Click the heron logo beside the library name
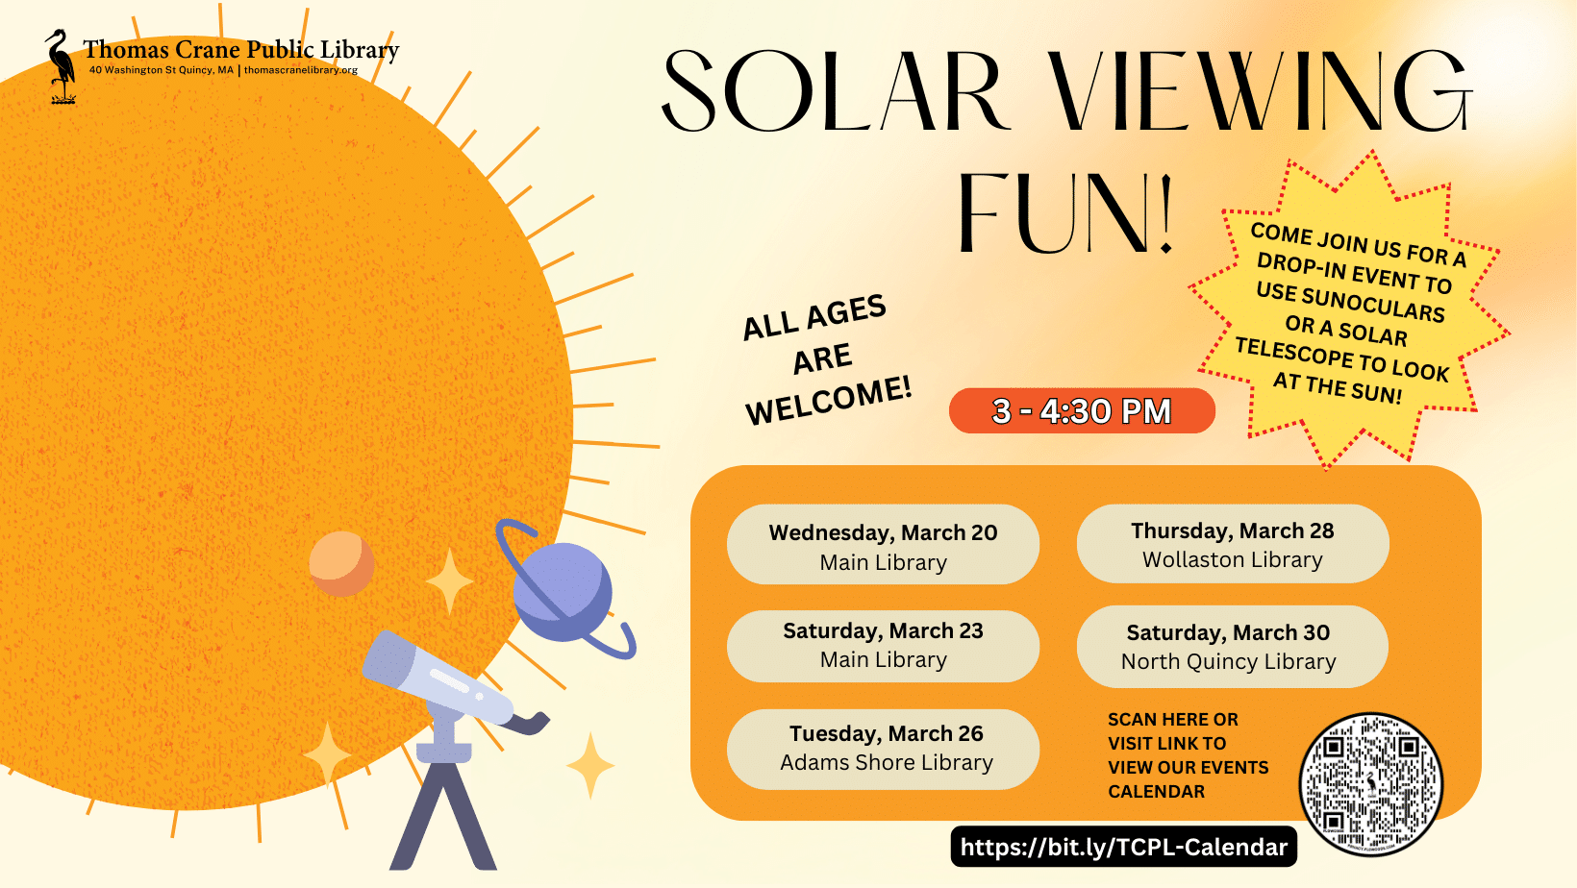62,65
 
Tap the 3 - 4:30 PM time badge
1082,411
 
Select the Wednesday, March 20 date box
883,545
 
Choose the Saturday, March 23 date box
883,645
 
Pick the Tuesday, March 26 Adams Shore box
883,749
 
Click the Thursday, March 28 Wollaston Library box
1232,545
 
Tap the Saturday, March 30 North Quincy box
1232,647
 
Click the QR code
1370,784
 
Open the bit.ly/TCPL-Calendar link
1123,847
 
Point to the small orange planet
341,563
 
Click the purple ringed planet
563,592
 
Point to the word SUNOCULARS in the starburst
1350,303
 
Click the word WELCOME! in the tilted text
828,402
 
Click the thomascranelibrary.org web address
301,70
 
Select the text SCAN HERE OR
1172,720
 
